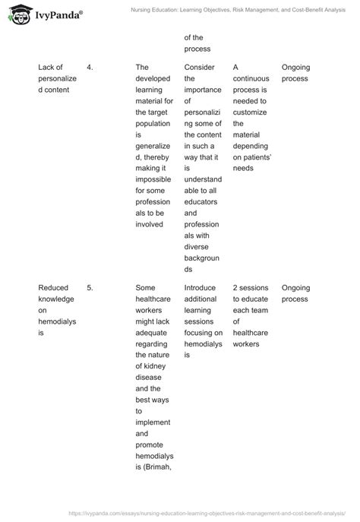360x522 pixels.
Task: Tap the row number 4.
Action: click(90, 68)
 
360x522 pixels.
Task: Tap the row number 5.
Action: click(90, 288)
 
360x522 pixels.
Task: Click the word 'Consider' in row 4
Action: click(200, 68)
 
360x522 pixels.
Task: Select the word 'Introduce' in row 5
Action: click(201, 288)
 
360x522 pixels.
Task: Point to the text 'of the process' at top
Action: click(197, 44)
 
